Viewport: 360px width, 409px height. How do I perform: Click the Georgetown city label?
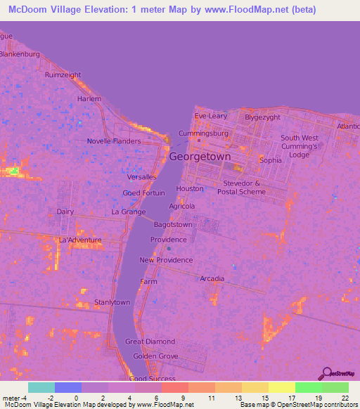[200, 157]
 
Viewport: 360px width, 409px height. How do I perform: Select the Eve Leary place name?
[210, 115]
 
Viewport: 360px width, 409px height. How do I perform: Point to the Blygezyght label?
[262, 117]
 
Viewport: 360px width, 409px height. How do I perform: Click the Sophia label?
[270, 160]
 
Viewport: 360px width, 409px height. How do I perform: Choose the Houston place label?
[190, 188]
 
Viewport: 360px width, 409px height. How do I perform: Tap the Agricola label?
[182, 206]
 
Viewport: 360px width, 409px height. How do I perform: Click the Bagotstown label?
[173, 224]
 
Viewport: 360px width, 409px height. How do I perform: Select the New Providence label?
[166, 260]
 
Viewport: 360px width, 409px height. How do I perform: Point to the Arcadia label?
[212, 279]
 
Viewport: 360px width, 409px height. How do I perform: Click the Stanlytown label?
[112, 303]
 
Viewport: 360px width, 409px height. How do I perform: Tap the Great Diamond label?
[150, 342]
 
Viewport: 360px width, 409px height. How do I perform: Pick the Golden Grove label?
[155, 356]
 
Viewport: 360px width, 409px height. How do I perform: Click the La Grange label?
[129, 212]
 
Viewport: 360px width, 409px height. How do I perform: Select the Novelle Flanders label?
[114, 141]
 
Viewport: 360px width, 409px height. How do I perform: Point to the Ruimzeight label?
[63, 74]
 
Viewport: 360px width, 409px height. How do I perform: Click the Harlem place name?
[89, 99]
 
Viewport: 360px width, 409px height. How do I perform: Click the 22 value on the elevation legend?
[345, 398]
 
